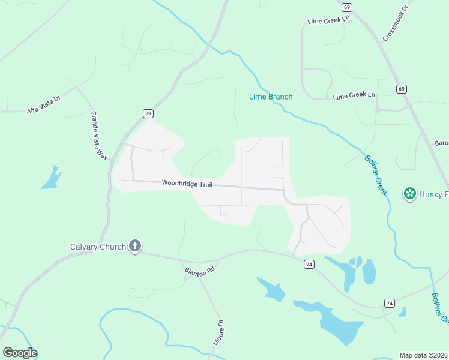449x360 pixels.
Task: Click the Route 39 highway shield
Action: tap(148, 113)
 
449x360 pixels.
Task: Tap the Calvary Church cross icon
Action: tap(136, 245)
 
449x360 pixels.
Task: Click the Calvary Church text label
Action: tap(98, 247)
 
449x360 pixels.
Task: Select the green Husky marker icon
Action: tap(410, 194)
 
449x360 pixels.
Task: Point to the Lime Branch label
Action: tap(271, 97)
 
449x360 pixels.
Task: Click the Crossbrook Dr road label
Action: tap(395, 24)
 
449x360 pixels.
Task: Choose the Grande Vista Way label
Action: tap(99, 135)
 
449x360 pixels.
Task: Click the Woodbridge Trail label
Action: tap(187, 184)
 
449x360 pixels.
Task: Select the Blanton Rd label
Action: tap(199, 271)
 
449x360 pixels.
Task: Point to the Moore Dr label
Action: tap(218, 332)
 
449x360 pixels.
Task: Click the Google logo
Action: tap(20, 353)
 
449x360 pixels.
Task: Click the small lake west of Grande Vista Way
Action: tap(52, 178)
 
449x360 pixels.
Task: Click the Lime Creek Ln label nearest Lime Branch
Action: tap(354, 95)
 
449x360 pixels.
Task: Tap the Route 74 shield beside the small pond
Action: tap(389, 303)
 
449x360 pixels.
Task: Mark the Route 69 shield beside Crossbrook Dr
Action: tap(347, 7)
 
